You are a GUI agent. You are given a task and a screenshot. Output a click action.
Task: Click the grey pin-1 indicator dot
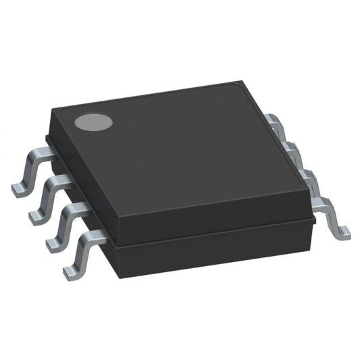pos(93,122)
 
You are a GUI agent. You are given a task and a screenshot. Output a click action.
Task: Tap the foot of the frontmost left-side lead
pos(72,272)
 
